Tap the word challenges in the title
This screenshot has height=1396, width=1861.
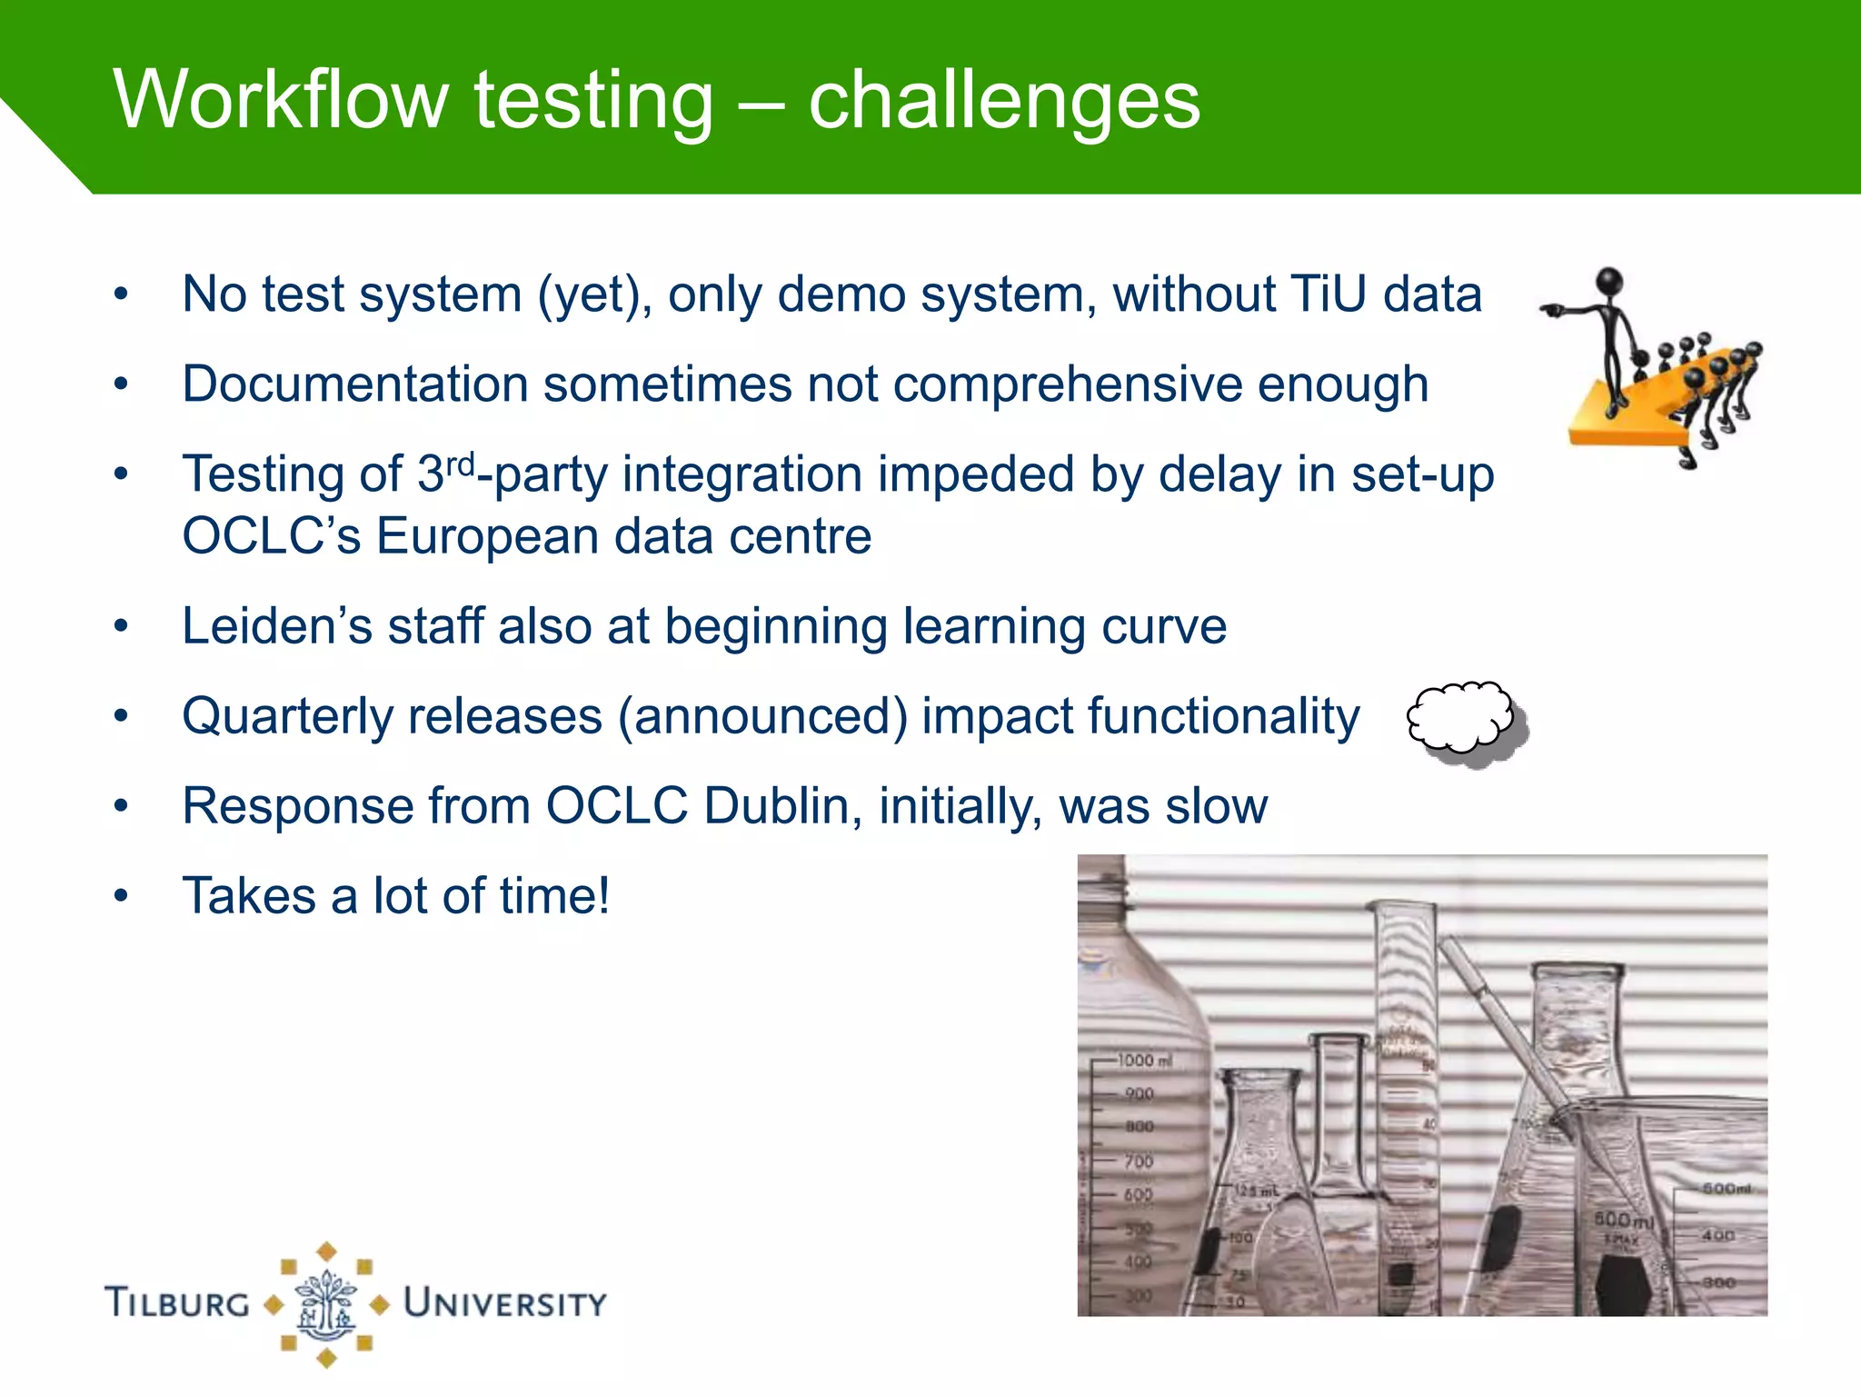click(1004, 102)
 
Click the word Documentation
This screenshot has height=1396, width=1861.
click(354, 384)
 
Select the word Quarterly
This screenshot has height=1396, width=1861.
click(290, 716)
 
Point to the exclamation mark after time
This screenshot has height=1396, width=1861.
click(601, 895)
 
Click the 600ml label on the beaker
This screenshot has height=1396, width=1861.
click(1624, 1219)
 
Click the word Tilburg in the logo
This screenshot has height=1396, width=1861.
click(177, 1303)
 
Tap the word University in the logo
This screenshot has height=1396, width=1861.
click(504, 1303)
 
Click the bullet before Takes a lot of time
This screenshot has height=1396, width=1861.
click(122, 896)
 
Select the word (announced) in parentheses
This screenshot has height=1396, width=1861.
click(762, 716)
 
